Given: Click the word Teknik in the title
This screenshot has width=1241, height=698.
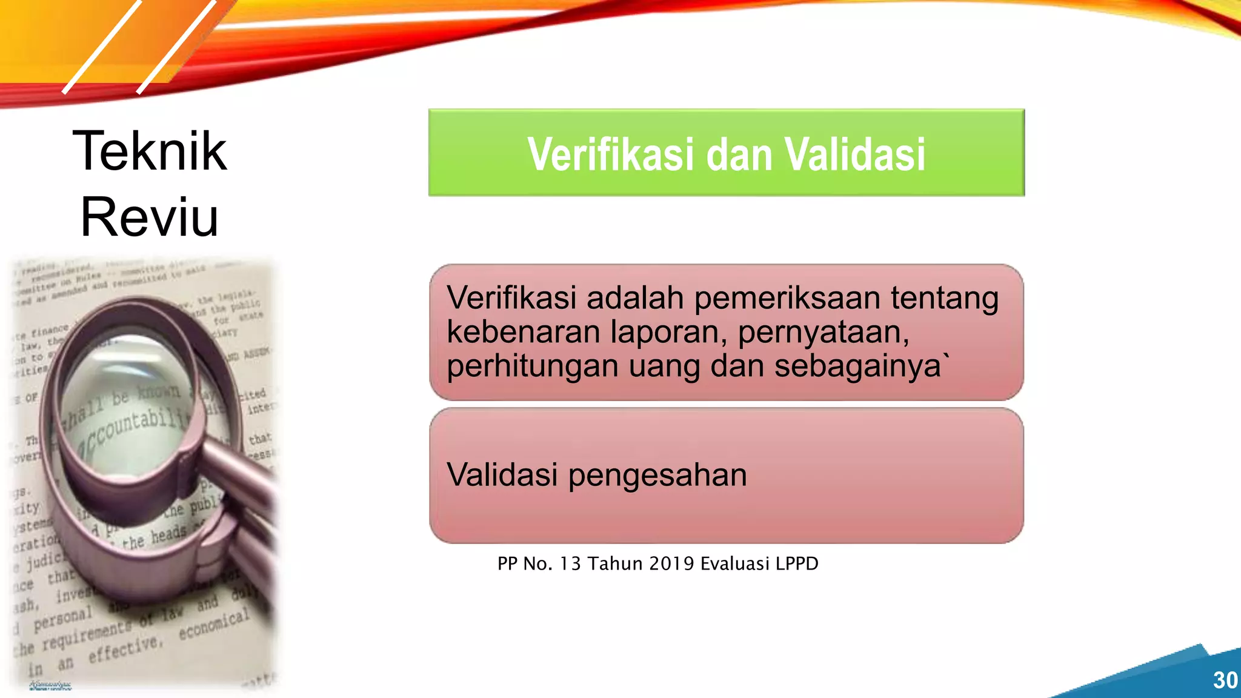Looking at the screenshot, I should coord(150,151).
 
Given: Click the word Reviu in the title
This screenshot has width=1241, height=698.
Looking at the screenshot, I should coord(149,217).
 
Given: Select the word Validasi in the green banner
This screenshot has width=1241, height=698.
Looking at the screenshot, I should coord(855,155).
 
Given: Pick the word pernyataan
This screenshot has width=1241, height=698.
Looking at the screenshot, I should coord(823,333).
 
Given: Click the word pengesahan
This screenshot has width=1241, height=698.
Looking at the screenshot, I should coord(657,476).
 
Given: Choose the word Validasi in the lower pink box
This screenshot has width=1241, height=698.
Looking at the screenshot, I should coord(502,474).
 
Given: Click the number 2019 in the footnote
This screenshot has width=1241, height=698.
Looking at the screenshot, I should coord(671,563).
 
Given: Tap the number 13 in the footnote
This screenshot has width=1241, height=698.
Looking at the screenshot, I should coord(571,563).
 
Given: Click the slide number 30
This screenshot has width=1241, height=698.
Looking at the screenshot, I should coord(1225,680).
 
